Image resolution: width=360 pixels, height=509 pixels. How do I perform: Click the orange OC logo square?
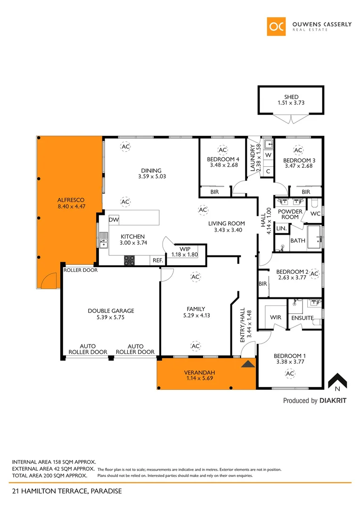277,26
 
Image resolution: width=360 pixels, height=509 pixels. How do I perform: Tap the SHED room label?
291,97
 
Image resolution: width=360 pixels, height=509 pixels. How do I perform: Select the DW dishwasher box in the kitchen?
114,220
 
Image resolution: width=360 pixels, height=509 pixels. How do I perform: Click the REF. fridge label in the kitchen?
157,260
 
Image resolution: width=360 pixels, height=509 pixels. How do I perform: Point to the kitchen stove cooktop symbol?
129,260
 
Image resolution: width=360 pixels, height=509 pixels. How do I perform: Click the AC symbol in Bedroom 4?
222,150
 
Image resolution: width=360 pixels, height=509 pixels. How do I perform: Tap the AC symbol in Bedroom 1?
290,374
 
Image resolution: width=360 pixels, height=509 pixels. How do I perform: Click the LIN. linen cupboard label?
281,228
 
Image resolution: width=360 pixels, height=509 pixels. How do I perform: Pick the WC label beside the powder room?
315,213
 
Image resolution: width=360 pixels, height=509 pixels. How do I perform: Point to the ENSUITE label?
302,318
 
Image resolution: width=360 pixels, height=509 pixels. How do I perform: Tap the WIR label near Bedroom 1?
276,317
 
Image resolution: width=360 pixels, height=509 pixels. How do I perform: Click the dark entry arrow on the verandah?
247,363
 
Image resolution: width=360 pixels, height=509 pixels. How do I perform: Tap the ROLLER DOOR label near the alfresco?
81,271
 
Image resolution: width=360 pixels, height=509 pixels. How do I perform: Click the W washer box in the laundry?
268,155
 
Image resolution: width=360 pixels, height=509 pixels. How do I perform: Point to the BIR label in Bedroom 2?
262,284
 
